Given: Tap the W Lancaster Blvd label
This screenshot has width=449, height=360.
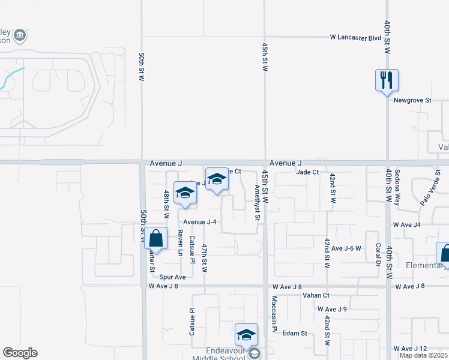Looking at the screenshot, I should pyautogui.click(x=356, y=37).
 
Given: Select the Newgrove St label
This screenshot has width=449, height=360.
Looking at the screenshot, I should pyautogui.click(x=412, y=100).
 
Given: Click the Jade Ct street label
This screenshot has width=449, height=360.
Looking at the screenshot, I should pyautogui.click(x=307, y=172).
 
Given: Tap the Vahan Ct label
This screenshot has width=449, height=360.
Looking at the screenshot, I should pyautogui.click(x=317, y=295).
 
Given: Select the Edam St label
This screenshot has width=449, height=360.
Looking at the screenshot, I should pyautogui.click(x=295, y=333).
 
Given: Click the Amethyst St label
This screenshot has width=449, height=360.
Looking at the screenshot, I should pyautogui.click(x=256, y=202).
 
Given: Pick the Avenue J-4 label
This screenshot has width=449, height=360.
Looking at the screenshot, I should pyautogui.click(x=199, y=222).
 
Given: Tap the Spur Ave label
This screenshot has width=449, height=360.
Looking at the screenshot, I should pyautogui.click(x=173, y=277).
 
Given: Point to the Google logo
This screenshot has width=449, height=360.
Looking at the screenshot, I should pyautogui.click(x=20, y=353).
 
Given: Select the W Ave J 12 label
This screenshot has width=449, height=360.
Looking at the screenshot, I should pyautogui.click(x=410, y=349).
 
